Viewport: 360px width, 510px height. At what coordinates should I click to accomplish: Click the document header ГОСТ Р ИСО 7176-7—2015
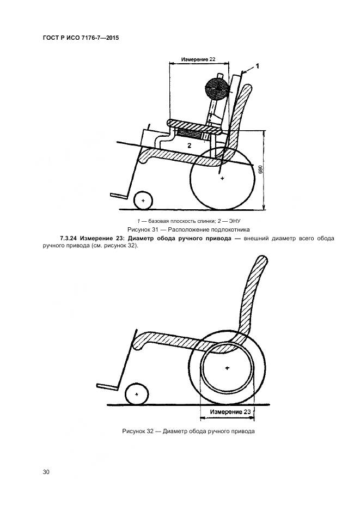pos(80,38)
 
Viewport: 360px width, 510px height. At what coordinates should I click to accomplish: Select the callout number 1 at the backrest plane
pos(257,66)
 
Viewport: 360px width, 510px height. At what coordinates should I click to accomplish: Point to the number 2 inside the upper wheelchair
pos(188,145)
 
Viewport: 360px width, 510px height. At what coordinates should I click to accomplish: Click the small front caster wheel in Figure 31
pos(143,201)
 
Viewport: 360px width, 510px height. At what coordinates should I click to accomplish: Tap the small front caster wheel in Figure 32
pos(135,394)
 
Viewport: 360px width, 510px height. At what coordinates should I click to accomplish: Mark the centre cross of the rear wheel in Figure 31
pos(222,178)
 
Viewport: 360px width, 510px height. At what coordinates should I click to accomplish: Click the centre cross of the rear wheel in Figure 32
pos(227,368)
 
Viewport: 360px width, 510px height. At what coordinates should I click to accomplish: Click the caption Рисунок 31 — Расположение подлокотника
pos(180,229)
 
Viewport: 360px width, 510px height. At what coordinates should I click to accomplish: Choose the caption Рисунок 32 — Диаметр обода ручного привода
pos(189,432)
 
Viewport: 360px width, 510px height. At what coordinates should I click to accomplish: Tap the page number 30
pos(46,472)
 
